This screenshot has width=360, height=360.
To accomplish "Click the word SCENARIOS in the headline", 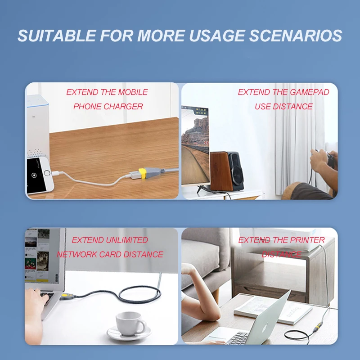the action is (x=296, y=36).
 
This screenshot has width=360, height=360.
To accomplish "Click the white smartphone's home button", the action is (x=47, y=173).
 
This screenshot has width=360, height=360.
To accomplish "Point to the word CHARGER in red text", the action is (x=123, y=107).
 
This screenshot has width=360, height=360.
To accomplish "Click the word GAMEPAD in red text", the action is (x=310, y=92).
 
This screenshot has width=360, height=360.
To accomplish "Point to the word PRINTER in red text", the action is (x=307, y=240).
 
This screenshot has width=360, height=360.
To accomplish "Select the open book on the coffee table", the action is (x=273, y=310).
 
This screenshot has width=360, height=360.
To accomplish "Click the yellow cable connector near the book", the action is (x=318, y=326).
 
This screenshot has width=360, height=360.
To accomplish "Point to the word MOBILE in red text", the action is (x=133, y=92).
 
